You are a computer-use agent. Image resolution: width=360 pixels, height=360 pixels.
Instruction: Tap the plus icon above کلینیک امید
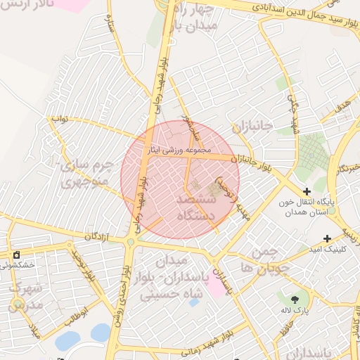click(x=326, y=238)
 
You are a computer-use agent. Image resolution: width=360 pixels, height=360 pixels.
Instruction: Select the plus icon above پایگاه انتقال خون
click(x=306, y=191)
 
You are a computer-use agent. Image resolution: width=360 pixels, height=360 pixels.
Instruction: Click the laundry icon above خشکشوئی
click(x=16, y=255)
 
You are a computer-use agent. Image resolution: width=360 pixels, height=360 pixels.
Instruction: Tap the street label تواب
click(x=58, y=119)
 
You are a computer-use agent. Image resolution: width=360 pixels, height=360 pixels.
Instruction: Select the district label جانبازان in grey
click(x=250, y=127)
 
